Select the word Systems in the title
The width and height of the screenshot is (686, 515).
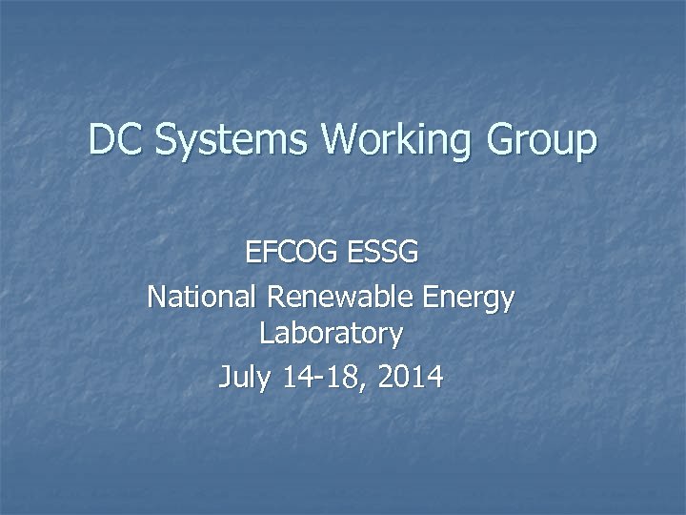[x=232, y=142]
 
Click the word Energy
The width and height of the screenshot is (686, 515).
[x=467, y=299]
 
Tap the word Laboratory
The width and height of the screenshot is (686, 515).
[x=331, y=335]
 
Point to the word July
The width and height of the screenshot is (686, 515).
[x=245, y=379]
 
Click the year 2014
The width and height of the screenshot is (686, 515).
[x=410, y=378]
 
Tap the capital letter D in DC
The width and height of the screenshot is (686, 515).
[x=101, y=140]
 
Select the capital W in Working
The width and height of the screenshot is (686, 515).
[x=340, y=140]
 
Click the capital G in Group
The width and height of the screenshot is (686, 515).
[x=501, y=140]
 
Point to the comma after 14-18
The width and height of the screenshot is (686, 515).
[x=366, y=385]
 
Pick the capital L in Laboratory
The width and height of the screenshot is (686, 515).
[x=265, y=334]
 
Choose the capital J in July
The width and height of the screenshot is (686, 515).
[x=226, y=378]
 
